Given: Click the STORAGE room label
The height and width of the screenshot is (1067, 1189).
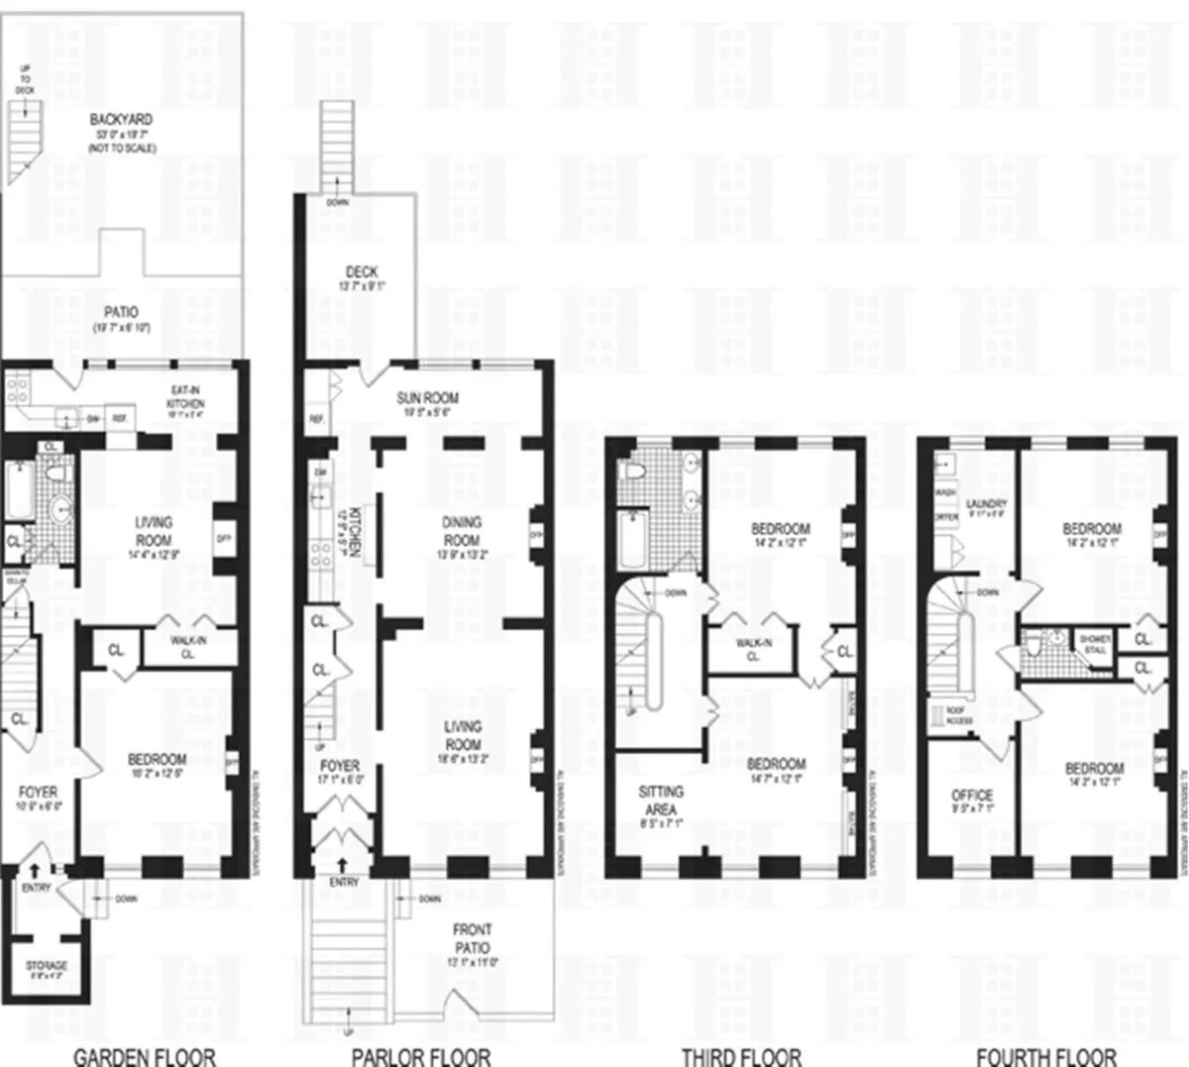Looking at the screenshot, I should point(47,965).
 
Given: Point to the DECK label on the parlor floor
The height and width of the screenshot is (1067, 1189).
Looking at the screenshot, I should point(362,271).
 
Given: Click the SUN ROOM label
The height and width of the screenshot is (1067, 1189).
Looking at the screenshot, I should point(427,398).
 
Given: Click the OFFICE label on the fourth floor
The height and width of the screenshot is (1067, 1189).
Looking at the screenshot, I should point(972,796).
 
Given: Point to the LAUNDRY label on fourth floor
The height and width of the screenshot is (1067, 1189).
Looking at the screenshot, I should point(986,503).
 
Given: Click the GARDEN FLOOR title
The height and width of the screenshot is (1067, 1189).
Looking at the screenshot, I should point(145,1056).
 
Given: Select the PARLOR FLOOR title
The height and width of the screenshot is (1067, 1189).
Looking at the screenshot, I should point(421,1056).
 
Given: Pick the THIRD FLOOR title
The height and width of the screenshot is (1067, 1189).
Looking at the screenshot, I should point(741,1056).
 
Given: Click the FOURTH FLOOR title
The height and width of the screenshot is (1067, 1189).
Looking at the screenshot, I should point(1046,1056).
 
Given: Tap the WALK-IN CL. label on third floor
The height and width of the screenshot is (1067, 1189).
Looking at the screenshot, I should point(754,648).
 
